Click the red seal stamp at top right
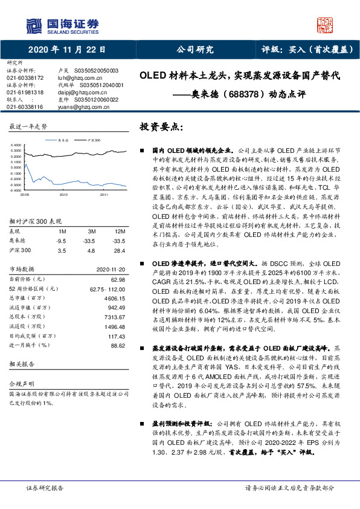326,25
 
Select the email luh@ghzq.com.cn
74,78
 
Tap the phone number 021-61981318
25,92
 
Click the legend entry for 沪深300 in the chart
94,140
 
